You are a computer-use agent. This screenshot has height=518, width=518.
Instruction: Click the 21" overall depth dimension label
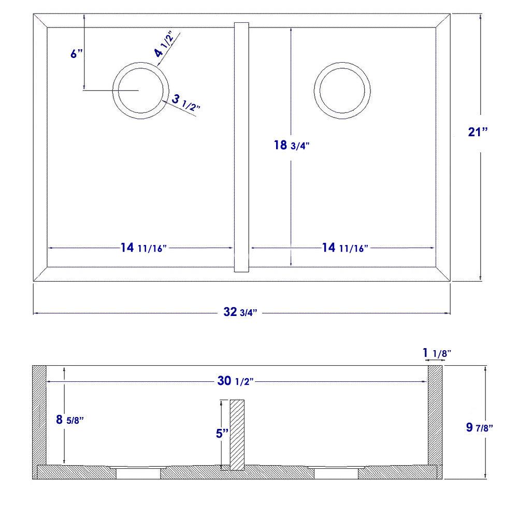pos(478,132)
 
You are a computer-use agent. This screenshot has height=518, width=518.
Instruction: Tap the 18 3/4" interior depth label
pos(292,146)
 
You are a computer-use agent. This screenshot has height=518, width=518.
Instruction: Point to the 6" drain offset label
pos(77,53)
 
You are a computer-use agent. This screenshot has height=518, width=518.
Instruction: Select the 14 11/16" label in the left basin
pos(142,248)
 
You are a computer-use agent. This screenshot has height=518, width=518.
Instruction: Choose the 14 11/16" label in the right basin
pos(344,248)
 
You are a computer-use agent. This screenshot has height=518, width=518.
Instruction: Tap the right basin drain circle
pos(342,90)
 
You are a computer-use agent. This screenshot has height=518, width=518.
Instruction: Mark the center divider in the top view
pos(242,147)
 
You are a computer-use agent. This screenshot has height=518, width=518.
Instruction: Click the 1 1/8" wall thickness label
pos(437,353)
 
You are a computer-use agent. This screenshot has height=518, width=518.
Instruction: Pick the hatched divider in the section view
pos(237,434)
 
